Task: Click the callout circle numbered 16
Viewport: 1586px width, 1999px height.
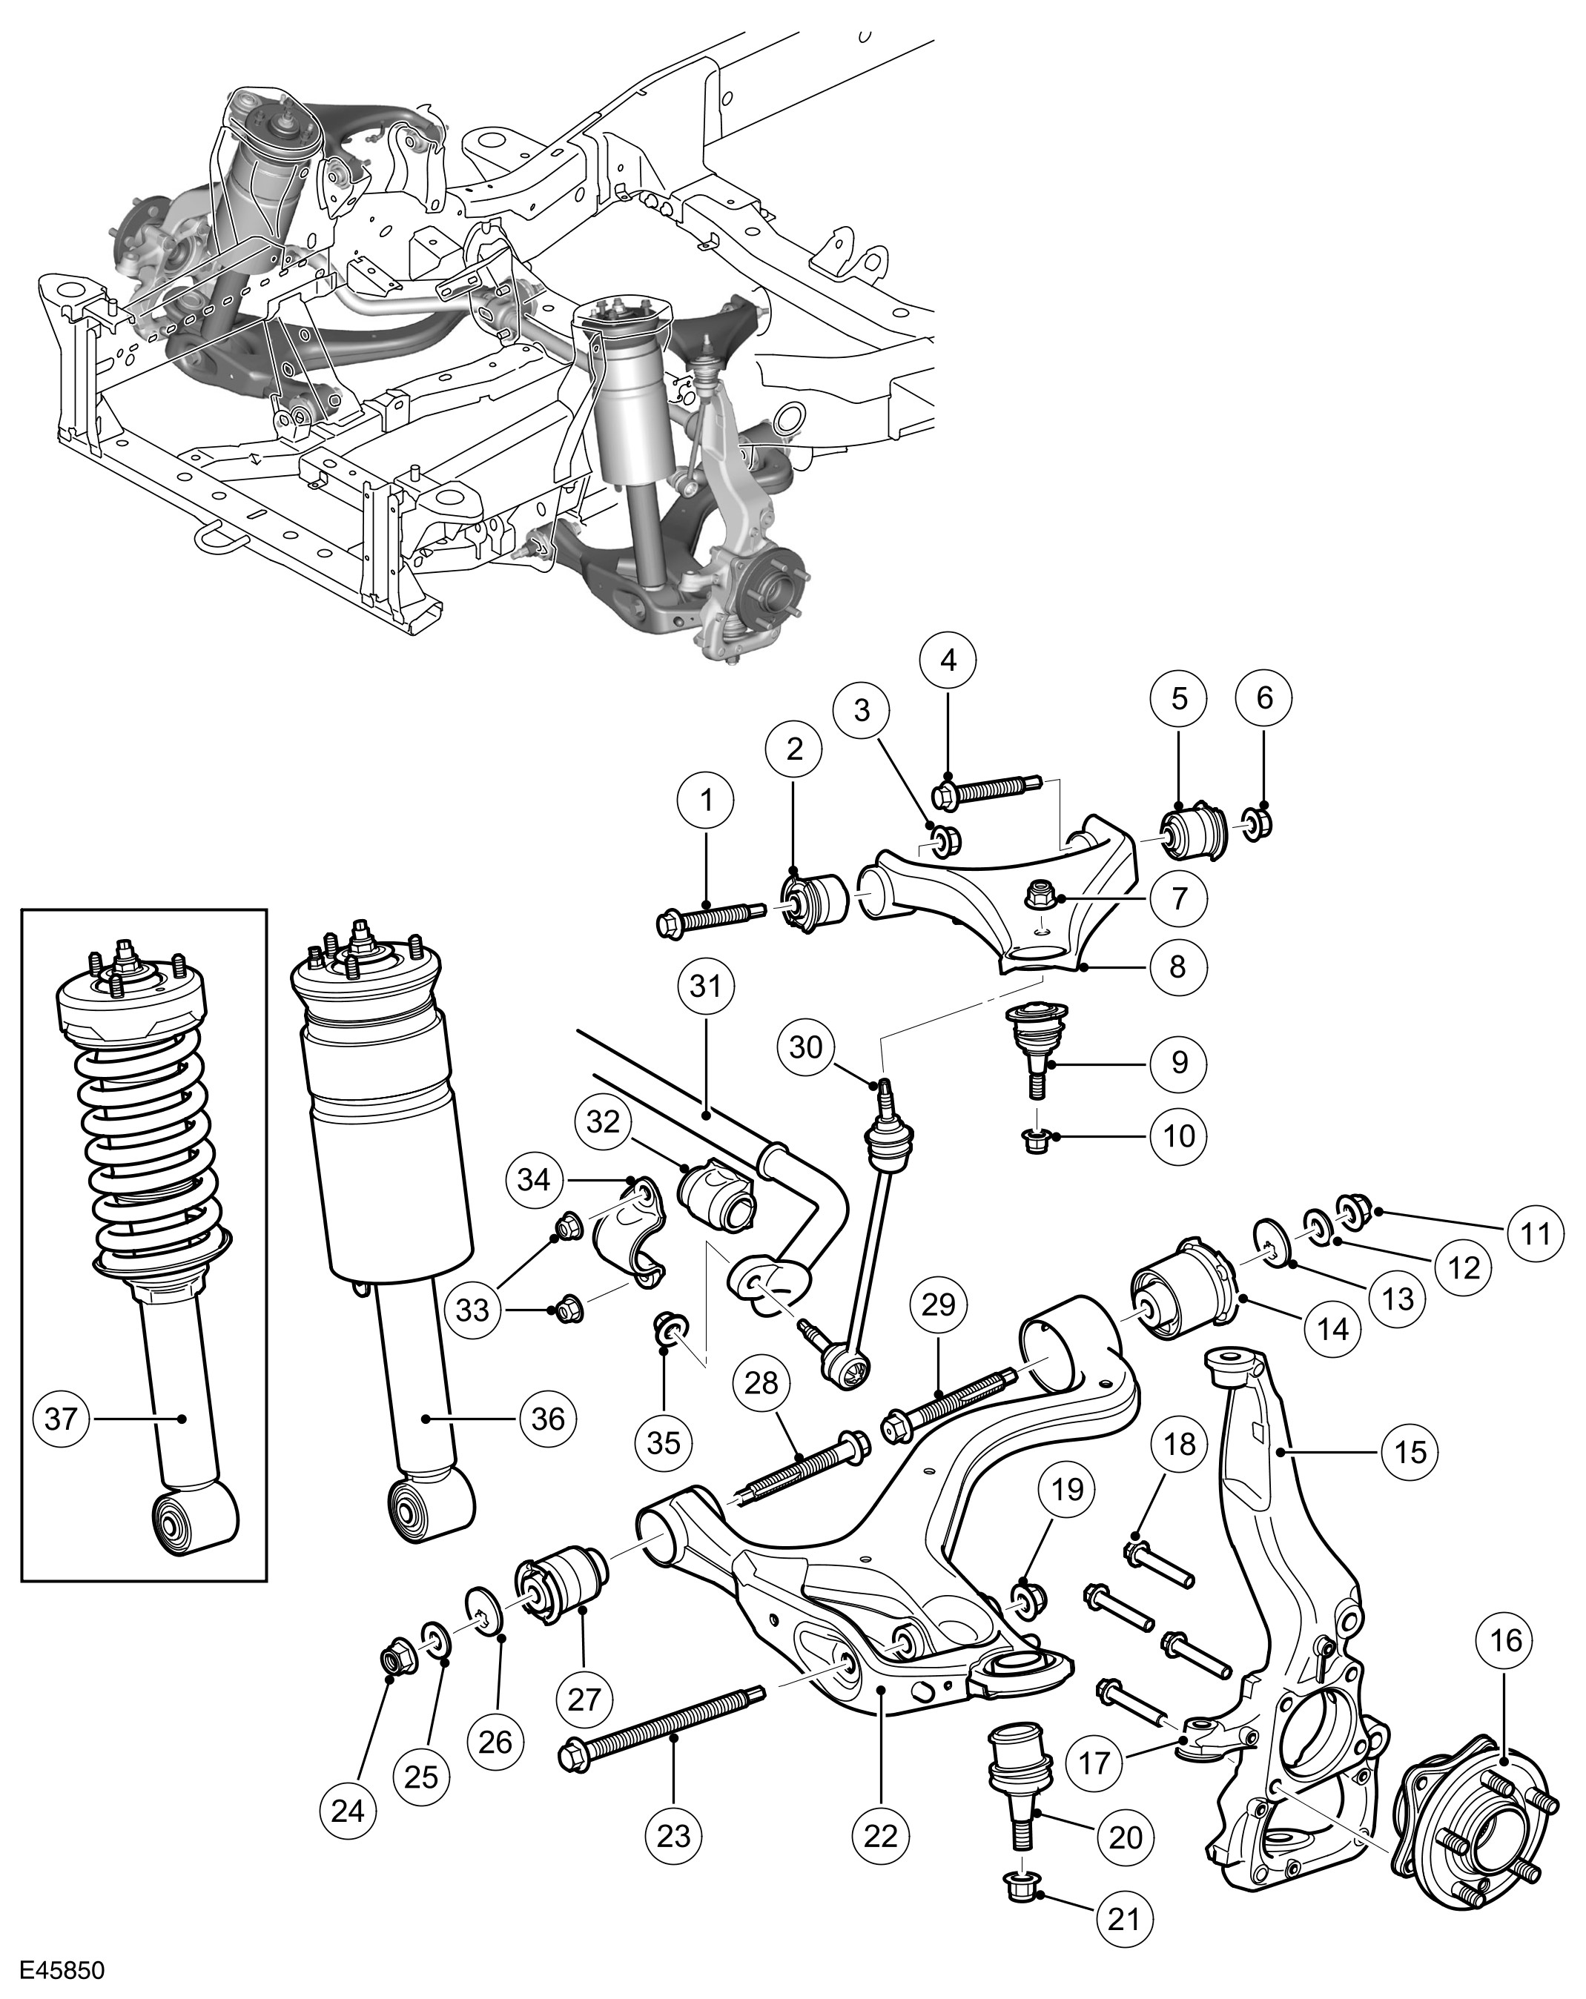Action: click(x=1505, y=1640)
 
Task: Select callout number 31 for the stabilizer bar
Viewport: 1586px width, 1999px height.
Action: click(x=706, y=987)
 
